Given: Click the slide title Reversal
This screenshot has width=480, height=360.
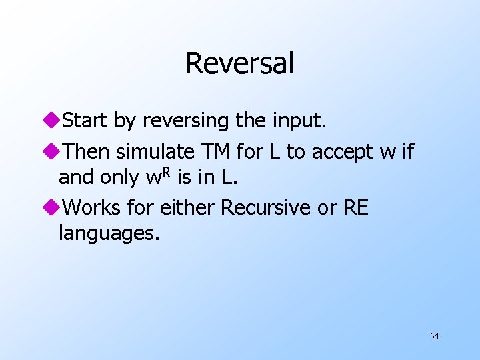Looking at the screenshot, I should point(239,63).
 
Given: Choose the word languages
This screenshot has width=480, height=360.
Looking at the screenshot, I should point(109,233).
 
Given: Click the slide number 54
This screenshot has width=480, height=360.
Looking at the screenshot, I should point(434,336).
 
